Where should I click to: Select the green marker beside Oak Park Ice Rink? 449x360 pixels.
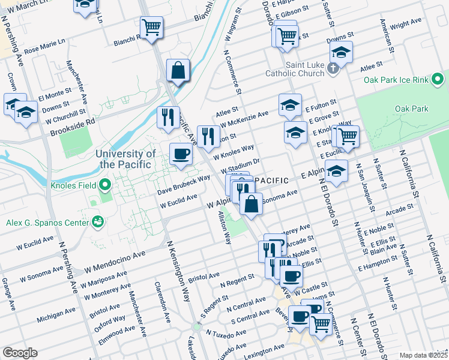pyautogui.click(x=439, y=79)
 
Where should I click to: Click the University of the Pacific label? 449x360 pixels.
pyautogui.click(x=125, y=159)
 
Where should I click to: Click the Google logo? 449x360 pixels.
pyautogui.click(x=20, y=353)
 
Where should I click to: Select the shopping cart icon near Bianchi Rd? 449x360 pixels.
pyautogui.click(x=152, y=26)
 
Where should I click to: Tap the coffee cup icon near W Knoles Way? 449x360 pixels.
pyautogui.click(x=181, y=154)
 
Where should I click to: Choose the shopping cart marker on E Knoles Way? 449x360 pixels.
pyautogui.click(x=348, y=136)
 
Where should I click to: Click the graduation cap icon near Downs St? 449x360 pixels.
pyautogui.click(x=342, y=52)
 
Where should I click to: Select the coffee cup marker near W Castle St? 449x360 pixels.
pyautogui.click(x=291, y=276)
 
